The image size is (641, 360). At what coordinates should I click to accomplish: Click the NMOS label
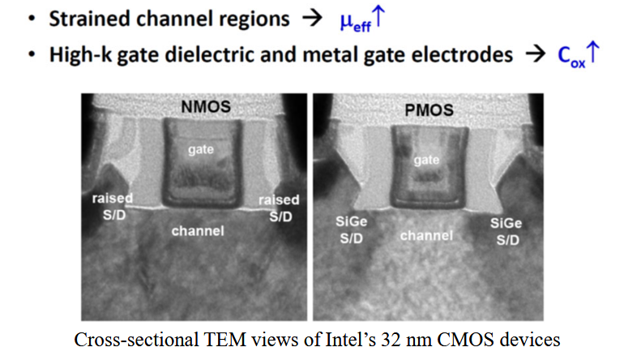(x=206, y=107)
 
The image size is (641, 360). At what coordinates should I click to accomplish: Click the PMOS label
(x=429, y=110)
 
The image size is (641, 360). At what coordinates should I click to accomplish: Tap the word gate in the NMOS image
(x=201, y=150)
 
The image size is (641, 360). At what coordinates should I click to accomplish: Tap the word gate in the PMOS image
(x=426, y=160)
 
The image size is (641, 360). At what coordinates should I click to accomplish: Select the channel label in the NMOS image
(x=198, y=231)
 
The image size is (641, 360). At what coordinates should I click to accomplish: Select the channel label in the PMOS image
(x=426, y=236)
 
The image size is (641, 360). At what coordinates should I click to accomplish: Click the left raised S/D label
(x=113, y=207)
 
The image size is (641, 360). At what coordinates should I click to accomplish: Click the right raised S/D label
(x=280, y=208)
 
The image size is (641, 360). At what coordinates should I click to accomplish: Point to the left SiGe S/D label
(x=351, y=230)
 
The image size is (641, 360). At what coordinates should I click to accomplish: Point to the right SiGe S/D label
(x=506, y=231)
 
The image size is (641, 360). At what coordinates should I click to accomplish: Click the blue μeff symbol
(x=362, y=19)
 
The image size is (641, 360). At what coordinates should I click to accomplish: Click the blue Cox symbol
(x=579, y=55)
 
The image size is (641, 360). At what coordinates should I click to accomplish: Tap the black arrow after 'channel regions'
(x=312, y=19)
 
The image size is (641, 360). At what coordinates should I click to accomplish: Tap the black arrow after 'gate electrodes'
(x=535, y=54)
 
